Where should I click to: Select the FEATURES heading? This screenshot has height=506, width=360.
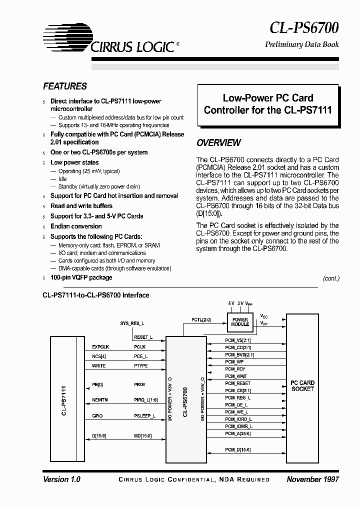coord(65,86)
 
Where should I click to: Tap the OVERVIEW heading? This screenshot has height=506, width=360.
coord(218,143)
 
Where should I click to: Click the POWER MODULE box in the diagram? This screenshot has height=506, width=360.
coord(240,321)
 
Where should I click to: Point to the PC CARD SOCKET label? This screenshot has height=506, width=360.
coord(302,385)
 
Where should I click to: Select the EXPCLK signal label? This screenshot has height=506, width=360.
coord(100,346)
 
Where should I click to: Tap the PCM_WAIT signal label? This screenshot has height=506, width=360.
coord(236,376)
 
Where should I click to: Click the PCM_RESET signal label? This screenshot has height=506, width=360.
coord(237,383)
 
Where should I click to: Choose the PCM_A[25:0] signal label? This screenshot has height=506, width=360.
coord(237,433)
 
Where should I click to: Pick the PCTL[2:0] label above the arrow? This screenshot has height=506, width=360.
coord(201,319)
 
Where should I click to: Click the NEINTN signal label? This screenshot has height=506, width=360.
coord(100,399)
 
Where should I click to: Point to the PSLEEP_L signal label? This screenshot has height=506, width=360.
coord(145,415)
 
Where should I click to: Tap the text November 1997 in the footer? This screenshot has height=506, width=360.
coord(313,479)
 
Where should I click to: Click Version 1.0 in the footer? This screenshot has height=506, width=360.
coord(61,479)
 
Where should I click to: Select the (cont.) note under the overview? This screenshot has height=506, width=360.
coord(331,278)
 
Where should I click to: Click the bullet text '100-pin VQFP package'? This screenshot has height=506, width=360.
coord(81,277)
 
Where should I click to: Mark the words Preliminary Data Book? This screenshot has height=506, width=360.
coord(301,44)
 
